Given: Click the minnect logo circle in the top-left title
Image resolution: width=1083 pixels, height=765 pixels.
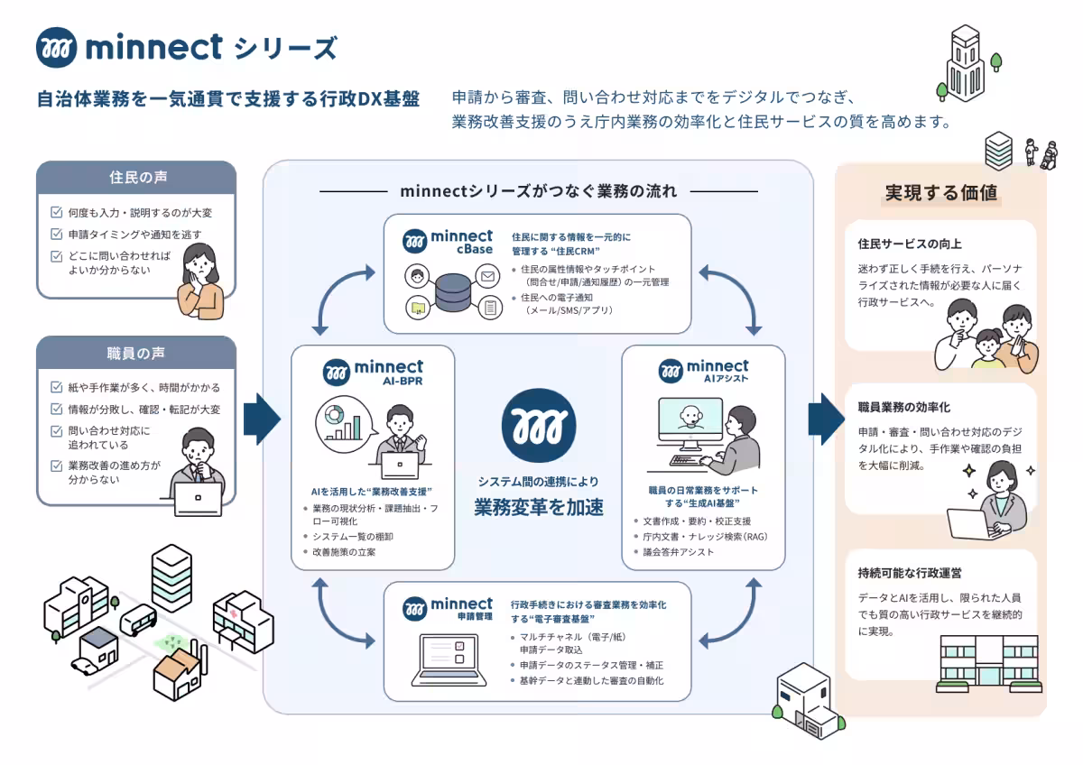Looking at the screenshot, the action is point(57,47).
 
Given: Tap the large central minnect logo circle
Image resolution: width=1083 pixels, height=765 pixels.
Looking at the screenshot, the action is point(539,425).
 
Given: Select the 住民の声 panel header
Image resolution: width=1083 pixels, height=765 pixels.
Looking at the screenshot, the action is point(136,178).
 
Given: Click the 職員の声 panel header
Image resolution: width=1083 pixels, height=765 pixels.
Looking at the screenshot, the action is point(136,353).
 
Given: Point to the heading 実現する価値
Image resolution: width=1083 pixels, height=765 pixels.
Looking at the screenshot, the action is point(940,192).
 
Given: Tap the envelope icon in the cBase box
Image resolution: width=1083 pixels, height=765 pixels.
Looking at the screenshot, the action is point(488,276).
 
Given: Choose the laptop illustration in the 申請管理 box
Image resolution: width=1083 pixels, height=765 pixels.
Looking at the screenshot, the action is point(449,660).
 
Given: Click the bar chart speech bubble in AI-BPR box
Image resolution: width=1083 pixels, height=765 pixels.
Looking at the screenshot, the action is point(344,424).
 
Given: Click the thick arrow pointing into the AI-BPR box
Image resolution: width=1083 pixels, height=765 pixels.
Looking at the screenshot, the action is point(262,419).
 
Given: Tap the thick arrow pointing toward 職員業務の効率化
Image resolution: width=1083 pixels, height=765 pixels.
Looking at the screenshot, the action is point(827,419).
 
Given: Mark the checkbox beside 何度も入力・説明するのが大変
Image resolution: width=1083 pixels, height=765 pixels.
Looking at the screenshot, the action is point(57,212).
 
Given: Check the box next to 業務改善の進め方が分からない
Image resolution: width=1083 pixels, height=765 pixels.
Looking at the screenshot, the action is point(57,465).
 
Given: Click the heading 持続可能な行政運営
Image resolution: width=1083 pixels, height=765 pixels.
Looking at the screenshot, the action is point(910,573).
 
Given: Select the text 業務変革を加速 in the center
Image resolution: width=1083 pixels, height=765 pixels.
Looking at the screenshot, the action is point(539,507).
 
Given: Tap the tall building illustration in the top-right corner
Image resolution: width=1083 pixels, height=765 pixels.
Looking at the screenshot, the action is point(966,63).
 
